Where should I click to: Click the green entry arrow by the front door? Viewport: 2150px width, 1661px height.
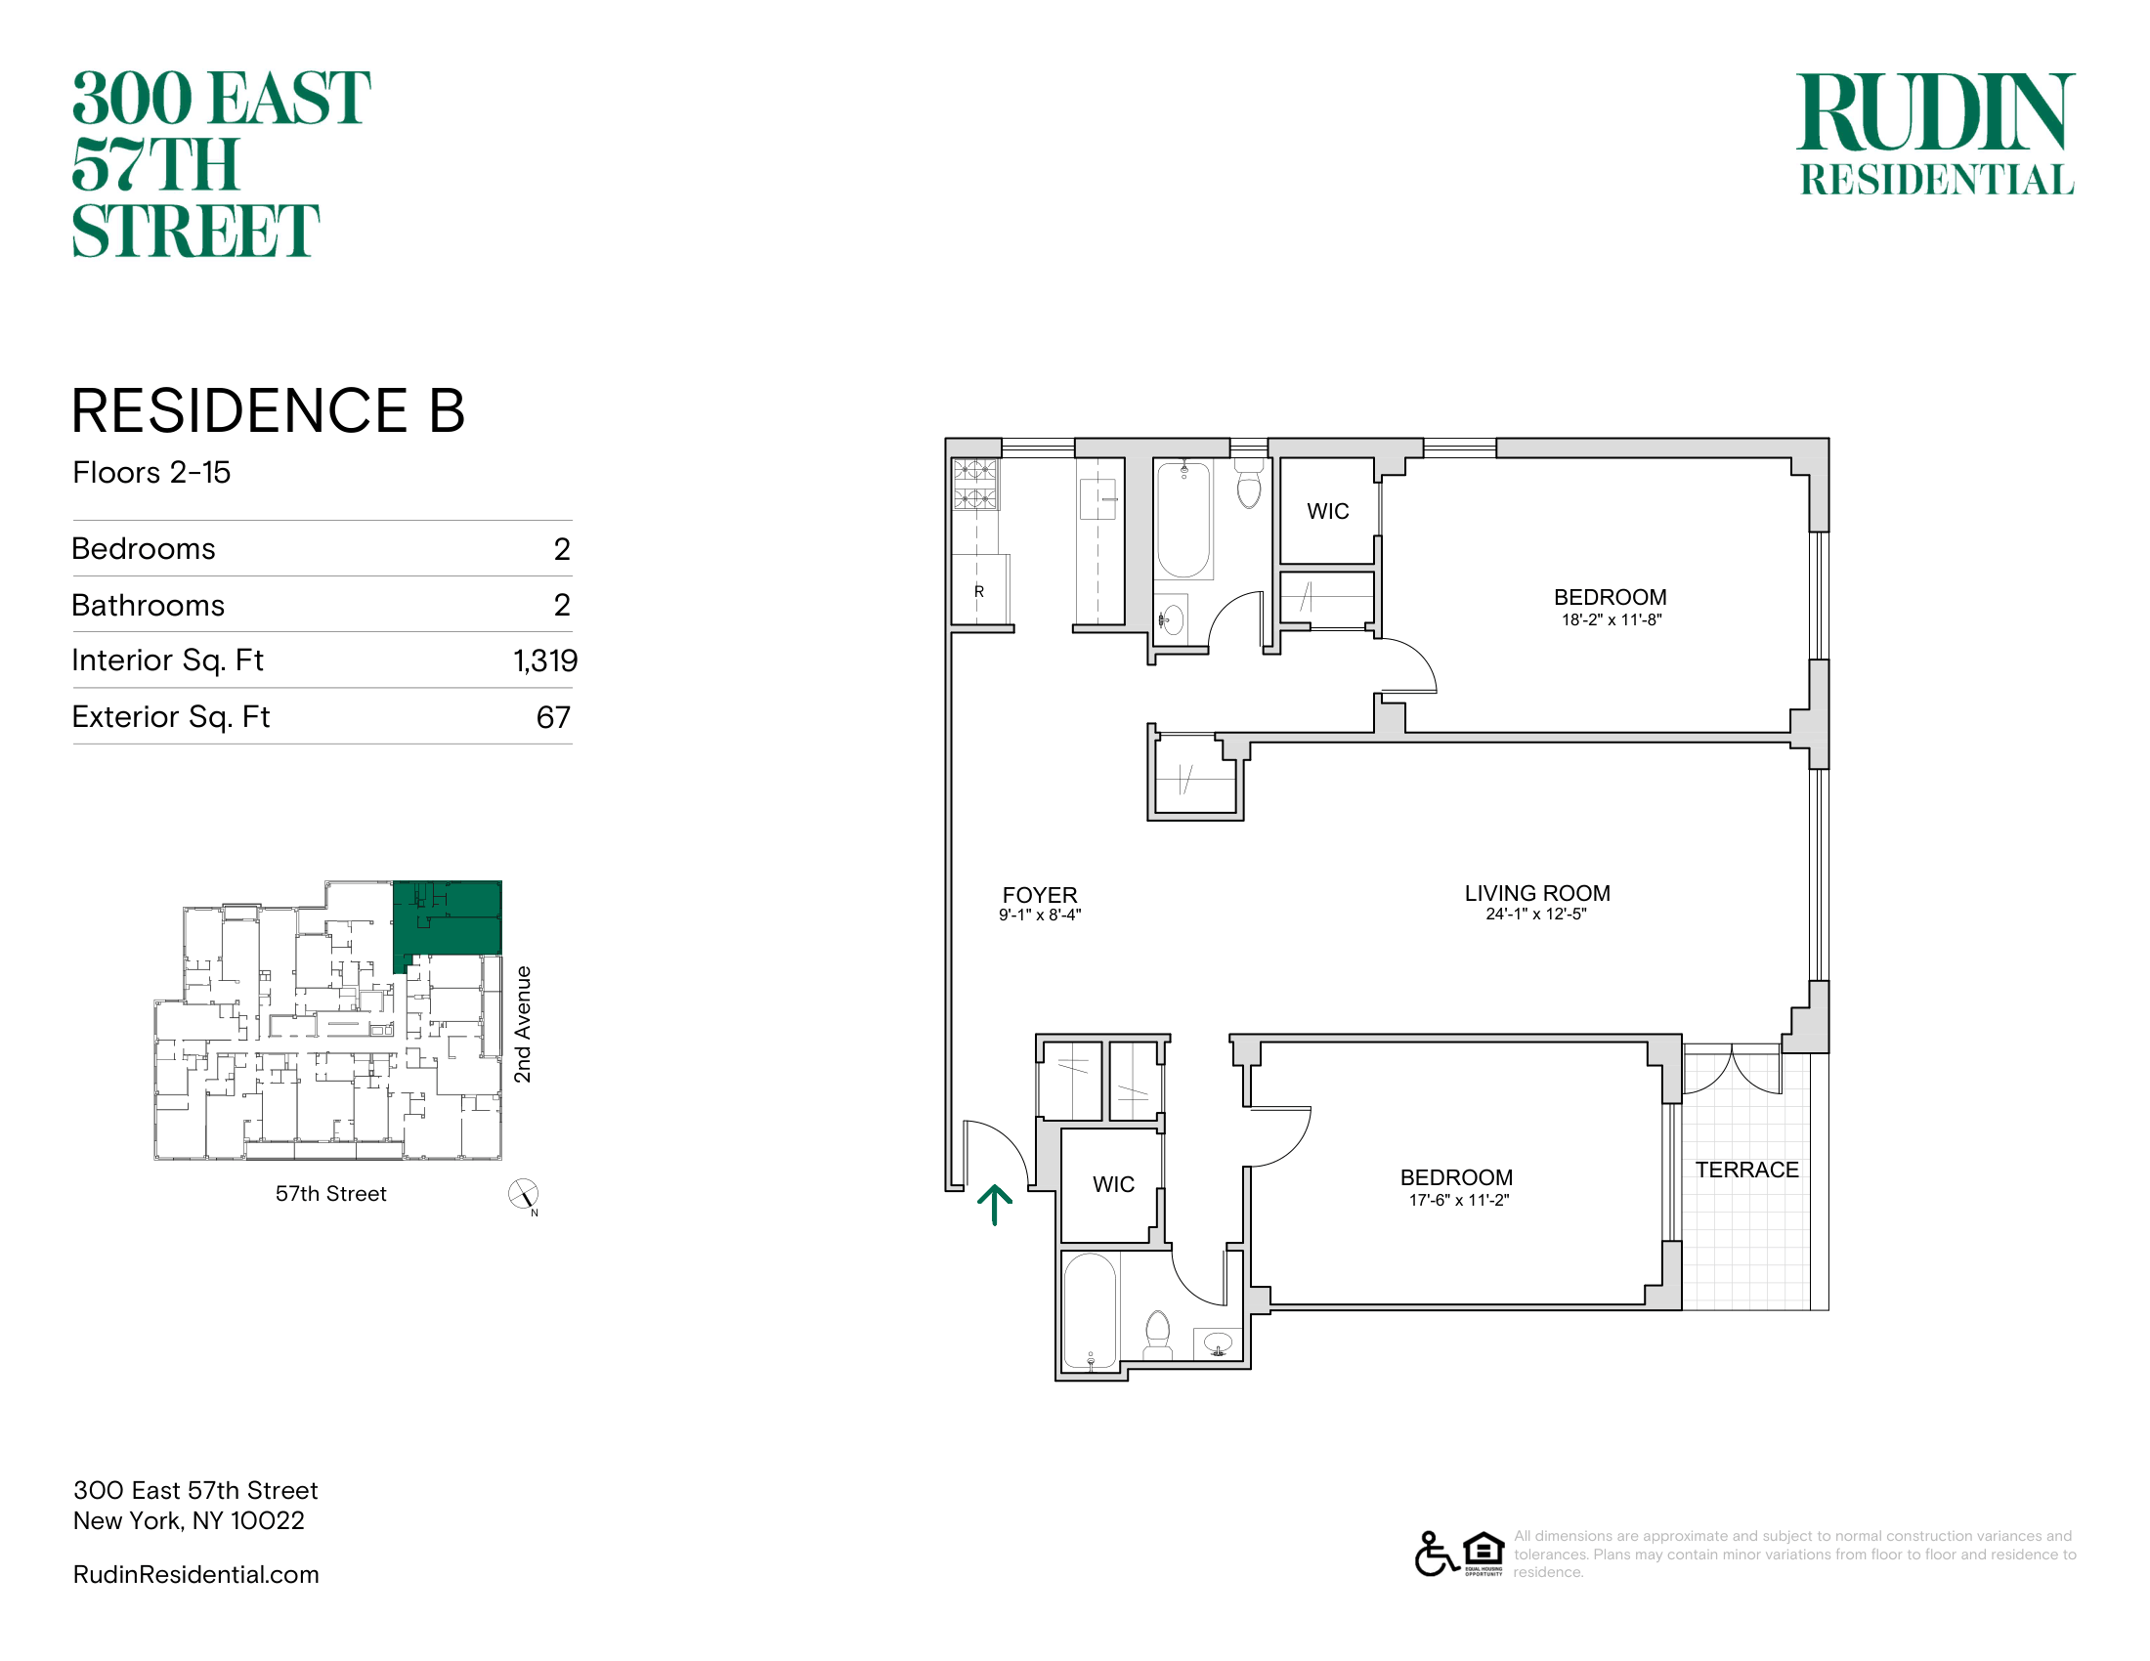click(994, 1205)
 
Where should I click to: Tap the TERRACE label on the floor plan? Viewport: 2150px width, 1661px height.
click(1746, 1170)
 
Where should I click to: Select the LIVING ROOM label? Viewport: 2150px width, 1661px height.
click(1536, 893)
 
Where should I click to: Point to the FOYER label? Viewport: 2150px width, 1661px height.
click(1040, 895)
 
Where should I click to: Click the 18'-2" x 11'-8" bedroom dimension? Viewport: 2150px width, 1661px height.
click(1611, 619)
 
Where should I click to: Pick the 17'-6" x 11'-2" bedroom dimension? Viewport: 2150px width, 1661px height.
click(1458, 1201)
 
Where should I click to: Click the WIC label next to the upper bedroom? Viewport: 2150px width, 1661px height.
click(1327, 512)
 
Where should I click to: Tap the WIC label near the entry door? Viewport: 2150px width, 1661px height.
click(1113, 1185)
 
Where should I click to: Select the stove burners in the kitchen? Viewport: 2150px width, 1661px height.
click(974, 484)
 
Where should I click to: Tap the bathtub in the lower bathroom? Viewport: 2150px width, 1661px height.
click(1091, 1311)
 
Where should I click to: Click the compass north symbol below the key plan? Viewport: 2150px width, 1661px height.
click(524, 1196)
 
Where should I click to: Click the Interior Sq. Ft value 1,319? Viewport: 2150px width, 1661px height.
click(545, 660)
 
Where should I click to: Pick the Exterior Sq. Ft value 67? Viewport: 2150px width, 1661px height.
click(553, 717)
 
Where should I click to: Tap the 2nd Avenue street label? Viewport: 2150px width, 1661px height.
click(523, 1024)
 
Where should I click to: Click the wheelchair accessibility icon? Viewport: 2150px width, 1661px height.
click(1437, 1554)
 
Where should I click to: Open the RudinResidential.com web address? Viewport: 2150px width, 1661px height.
click(195, 1574)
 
